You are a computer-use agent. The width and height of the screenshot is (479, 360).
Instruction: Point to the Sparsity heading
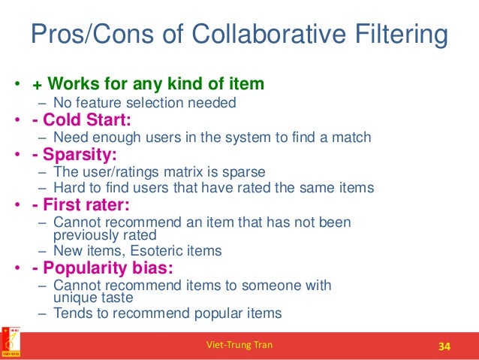pos(76,156)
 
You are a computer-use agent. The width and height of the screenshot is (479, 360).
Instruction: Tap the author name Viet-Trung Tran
pos(239,346)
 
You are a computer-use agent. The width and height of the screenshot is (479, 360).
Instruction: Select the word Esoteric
pos(147,251)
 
